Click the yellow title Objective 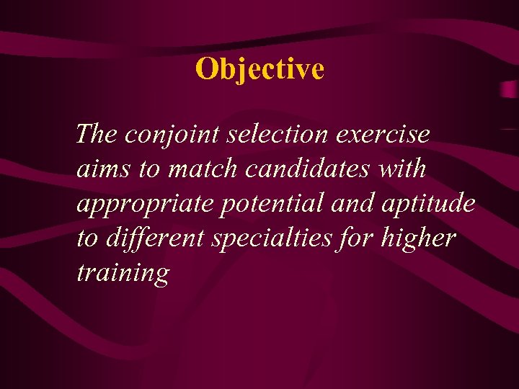click(x=259, y=69)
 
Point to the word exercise click(x=385, y=133)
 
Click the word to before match click(x=149, y=169)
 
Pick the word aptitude click(x=430, y=204)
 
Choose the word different click(x=154, y=238)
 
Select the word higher click(x=421, y=238)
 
